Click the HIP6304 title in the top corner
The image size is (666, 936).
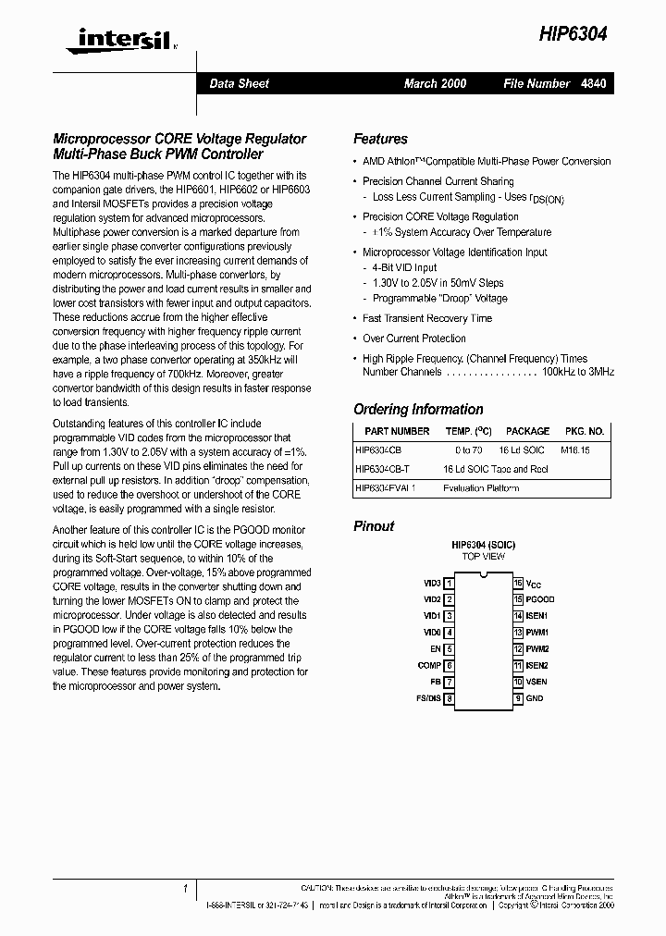pyautogui.click(x=573, y=34)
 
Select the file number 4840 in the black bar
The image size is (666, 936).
pyautogui.click(x=594, y=84)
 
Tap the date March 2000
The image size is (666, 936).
pyautogui.click(x=435, y=84)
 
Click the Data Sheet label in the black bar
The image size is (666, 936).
pyautogui.click(x=239, y=84)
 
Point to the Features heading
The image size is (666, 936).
pyautogui.click(x=380, y=139)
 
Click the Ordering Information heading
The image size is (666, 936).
pyautogui.click(x=418, y=409)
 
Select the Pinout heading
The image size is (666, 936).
pyautogui.click(x=374, y=526)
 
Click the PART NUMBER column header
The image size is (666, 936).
pyautogui.click(x=397, y=431)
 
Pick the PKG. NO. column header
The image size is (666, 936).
pyautogui.click(x=584, y=431)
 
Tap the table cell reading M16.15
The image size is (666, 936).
pyautogui.click(x=575, y=450)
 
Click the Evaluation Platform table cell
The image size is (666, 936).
pyautogui.click(x=481, y=487)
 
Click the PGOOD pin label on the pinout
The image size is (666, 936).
pyautogui.click(x=540, y=599)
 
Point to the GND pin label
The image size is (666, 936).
pyautogui.click(x=535, y=699)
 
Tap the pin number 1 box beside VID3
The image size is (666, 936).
pyautogui.click(x=450, y=584)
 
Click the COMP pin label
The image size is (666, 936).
pyautogui.click(x=429, y=666)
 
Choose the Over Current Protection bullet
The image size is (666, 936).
pyautogui.click(x=413, y=339)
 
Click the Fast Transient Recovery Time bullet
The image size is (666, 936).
pyautogui.click(x=426, y=318)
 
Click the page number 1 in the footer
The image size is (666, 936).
pyautogui.click(x=185, y=889)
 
